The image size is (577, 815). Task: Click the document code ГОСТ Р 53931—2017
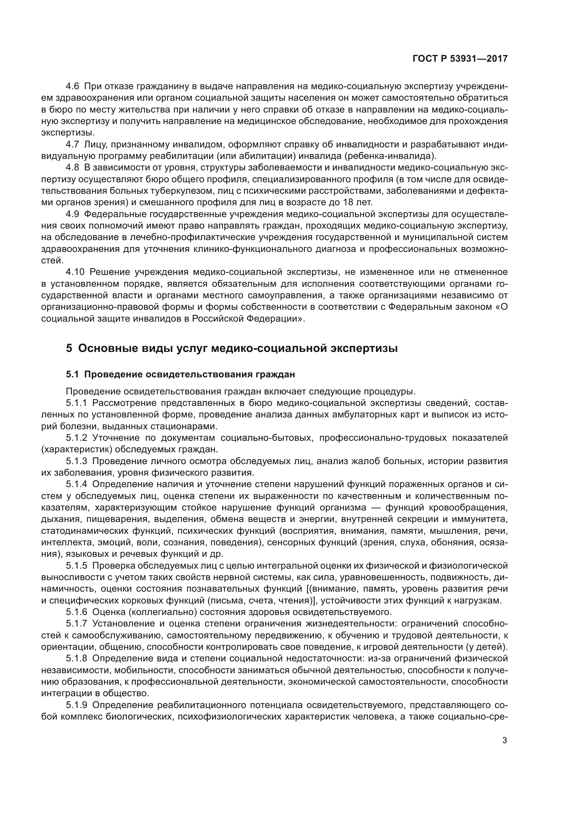(460, 59)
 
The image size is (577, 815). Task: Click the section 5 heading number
(69, 348)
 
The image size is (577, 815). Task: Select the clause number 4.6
(73, 86)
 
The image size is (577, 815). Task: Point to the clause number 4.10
(75, 272)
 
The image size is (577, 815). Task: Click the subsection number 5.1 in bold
(73, 375)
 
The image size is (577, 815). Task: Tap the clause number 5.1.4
(76, 485)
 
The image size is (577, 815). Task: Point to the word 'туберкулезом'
(179, 191)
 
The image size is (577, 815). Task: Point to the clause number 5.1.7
(76, 624)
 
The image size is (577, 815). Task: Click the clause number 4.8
(73, 168)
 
